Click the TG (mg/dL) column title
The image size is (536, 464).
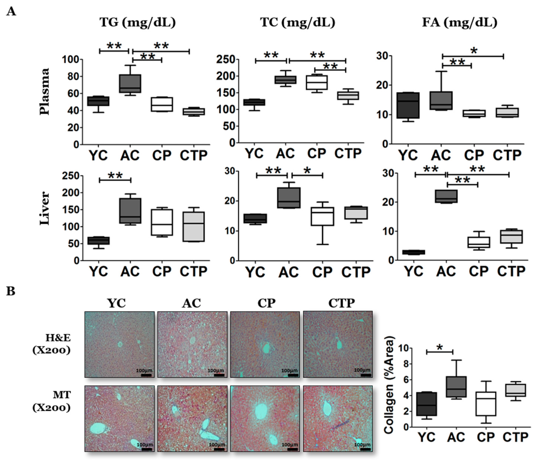tap(138, 23)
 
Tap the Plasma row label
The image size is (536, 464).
tap(45, 91)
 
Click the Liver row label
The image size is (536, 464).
tap(45, 208)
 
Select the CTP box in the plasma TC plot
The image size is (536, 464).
tap(348, 96)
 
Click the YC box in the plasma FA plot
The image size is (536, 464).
tap(409, 105)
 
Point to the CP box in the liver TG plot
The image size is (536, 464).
tap(162, 222)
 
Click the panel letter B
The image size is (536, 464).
tap(11, 291)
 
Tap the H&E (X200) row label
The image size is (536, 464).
tap(52, 344)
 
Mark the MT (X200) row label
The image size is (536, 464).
tap(52, 401)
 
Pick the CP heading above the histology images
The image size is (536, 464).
tap(267, 303)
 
